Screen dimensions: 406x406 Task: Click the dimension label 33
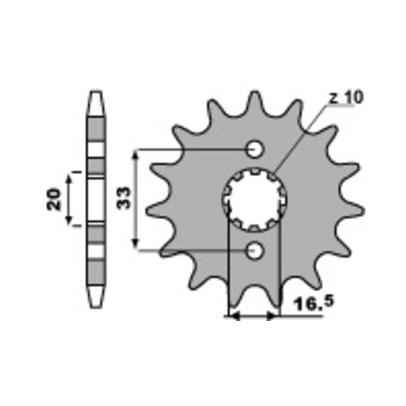pos(123,198)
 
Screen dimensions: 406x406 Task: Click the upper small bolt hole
pos(255,149)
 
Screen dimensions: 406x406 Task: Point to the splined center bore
pos(255,200)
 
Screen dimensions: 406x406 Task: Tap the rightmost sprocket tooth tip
pos(363,211)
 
